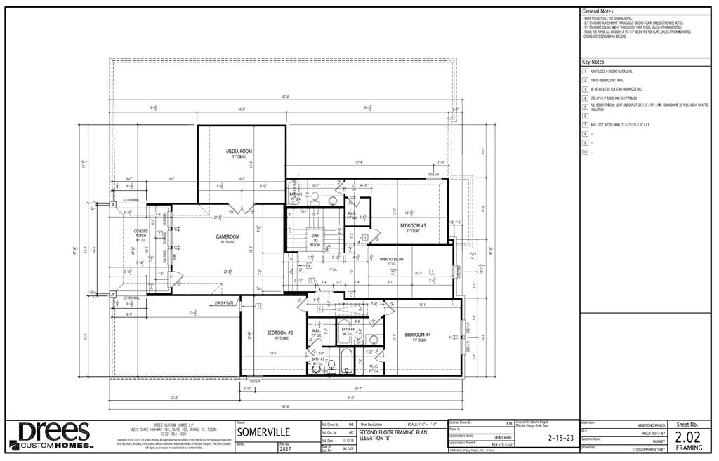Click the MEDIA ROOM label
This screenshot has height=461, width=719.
239,152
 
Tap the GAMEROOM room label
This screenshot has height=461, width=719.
228,237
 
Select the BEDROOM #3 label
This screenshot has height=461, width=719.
279,333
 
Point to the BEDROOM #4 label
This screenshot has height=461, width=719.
417,335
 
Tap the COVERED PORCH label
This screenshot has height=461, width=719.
141,233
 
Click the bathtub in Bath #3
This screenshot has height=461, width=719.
345,361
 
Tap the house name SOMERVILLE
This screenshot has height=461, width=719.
260,432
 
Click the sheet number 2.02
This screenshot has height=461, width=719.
687,436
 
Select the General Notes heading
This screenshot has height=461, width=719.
597,12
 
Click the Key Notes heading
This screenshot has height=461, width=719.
593,62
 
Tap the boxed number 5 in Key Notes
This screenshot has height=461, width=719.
585,107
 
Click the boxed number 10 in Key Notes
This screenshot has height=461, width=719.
585,151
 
